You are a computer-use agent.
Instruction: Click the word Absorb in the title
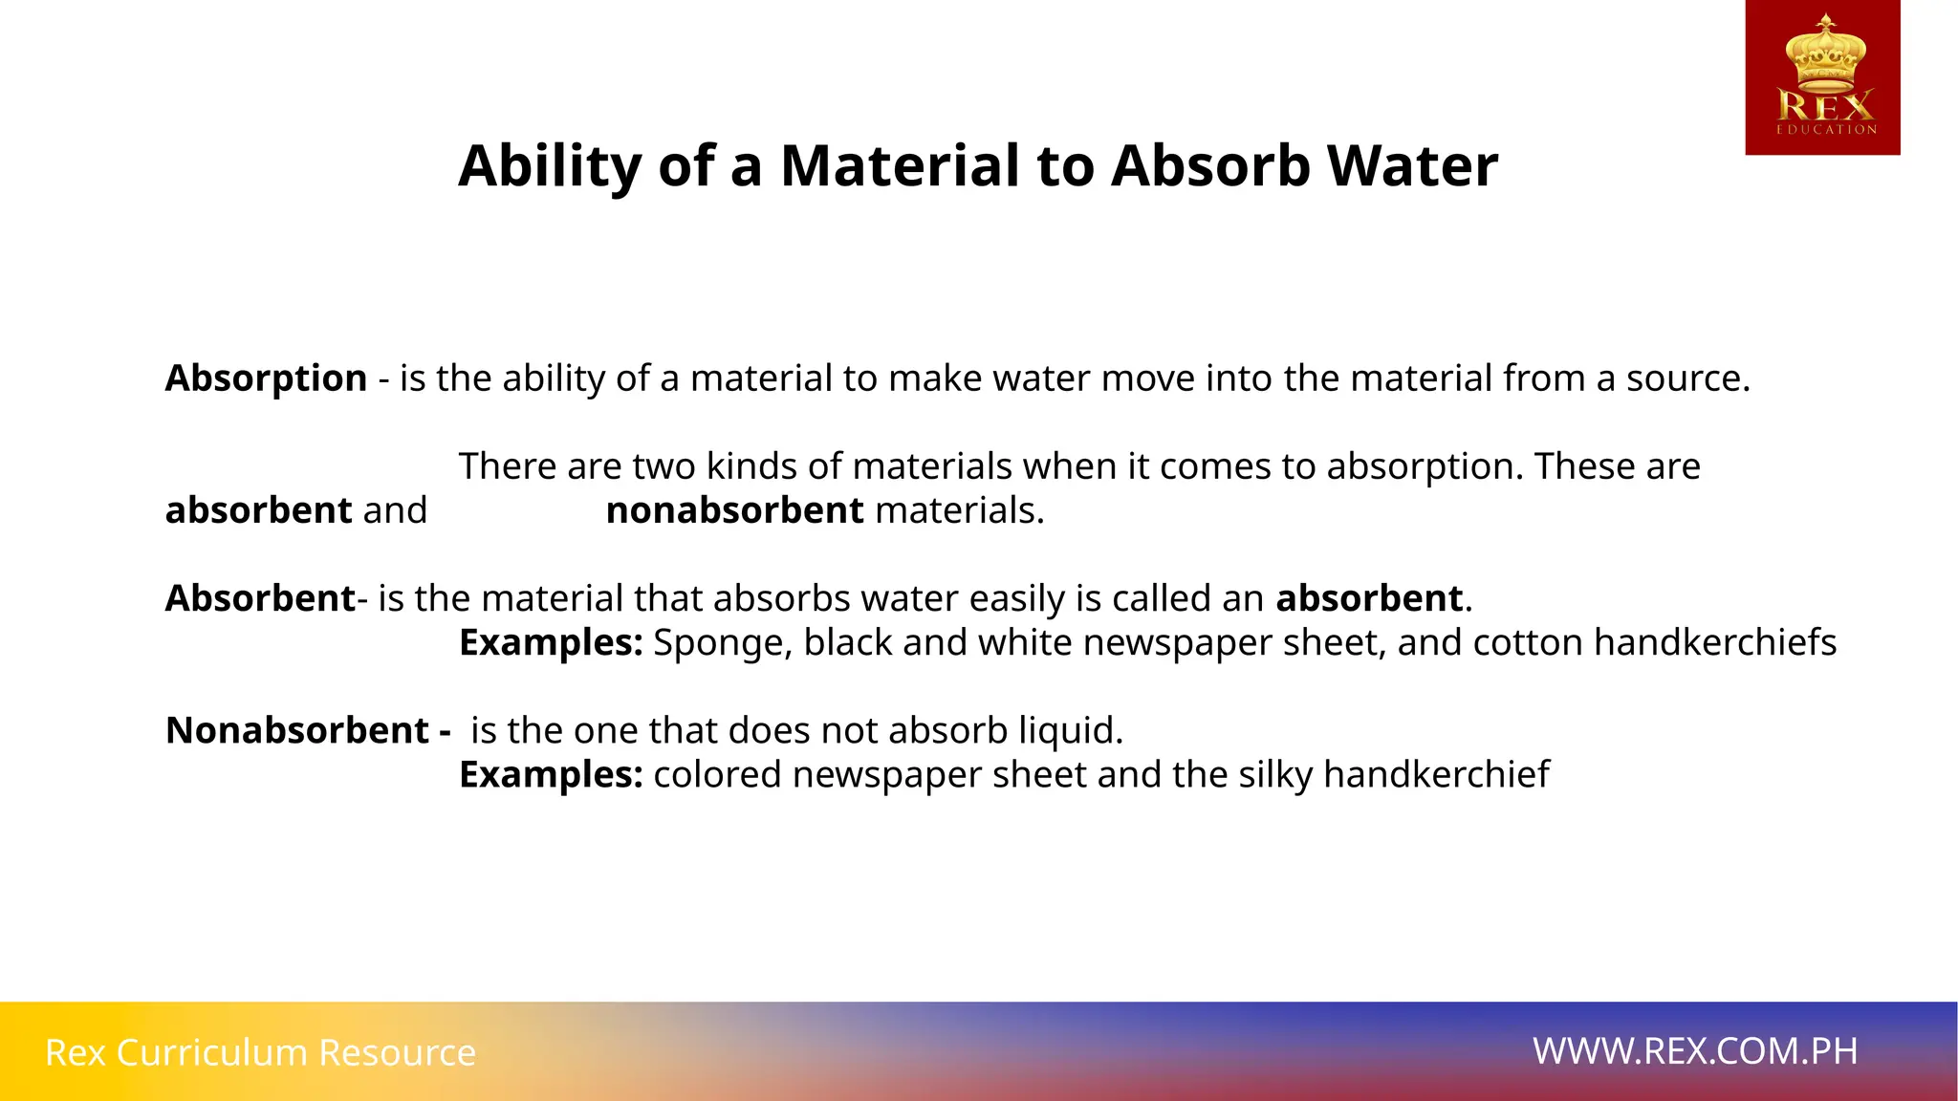tap(1209, 165)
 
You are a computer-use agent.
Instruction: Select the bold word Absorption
tap(266, 378)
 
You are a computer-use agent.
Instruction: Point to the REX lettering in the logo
tap(1825, 105)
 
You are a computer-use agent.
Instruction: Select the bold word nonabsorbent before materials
tap(734, 510)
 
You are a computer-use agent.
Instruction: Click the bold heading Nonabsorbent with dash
tap(307, 730)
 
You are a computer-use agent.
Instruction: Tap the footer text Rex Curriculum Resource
tap(260, 1052)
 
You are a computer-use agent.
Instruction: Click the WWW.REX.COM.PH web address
tap(1695, 1051)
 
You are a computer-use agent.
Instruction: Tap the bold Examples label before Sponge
tap(551, 642)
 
